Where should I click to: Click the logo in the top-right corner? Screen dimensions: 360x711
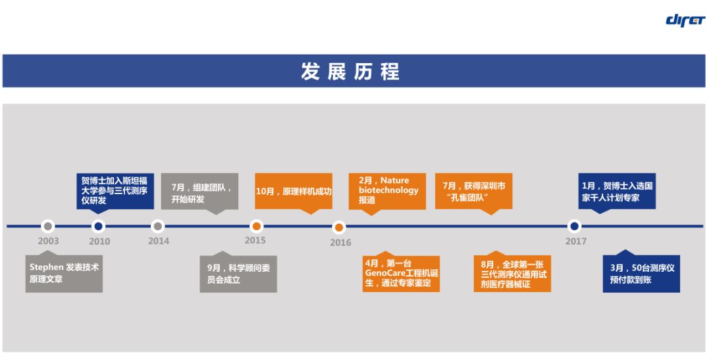pyautogui.click(x=685, y=19)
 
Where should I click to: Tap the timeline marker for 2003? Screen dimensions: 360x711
pyautogui.click(x=47, y=226)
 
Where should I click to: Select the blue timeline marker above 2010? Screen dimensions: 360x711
pyautogui.click(x=98, y=226)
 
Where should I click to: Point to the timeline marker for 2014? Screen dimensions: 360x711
pyautogui.click(x=157, y=226)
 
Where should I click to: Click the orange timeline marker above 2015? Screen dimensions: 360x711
pyautogui.click(x=256, y=226)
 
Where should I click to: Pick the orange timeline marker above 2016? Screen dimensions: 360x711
pyautogui.click(x=338, y=228)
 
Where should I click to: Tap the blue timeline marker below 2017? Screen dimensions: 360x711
pyautogui.click(x=574, y=226)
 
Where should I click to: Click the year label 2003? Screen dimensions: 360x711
pyautogui.click(x=48, y=241)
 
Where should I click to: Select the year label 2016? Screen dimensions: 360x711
pyautogui.click(x=340, y=242)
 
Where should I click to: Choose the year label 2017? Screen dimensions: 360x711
pyautogui.click(x=576, y=241)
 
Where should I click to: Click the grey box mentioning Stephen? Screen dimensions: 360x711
pyautogui.click(x=64, y=273)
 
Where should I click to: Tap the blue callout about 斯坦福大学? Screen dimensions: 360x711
pyautogui.click(x=115, y=190)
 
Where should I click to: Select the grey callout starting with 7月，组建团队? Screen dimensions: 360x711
pyautogui.click(x=199, y=193)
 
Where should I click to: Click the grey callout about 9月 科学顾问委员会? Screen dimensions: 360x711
pyautogui.click(x=238, y=274)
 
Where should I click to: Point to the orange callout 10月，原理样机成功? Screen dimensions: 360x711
pyautogui.click(x=293, y=192)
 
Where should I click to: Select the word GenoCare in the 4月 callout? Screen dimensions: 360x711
pyautogui.click(x=386, y=273)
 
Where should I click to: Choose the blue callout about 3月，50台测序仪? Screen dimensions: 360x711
pyautogui.click(x=641, y=274)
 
